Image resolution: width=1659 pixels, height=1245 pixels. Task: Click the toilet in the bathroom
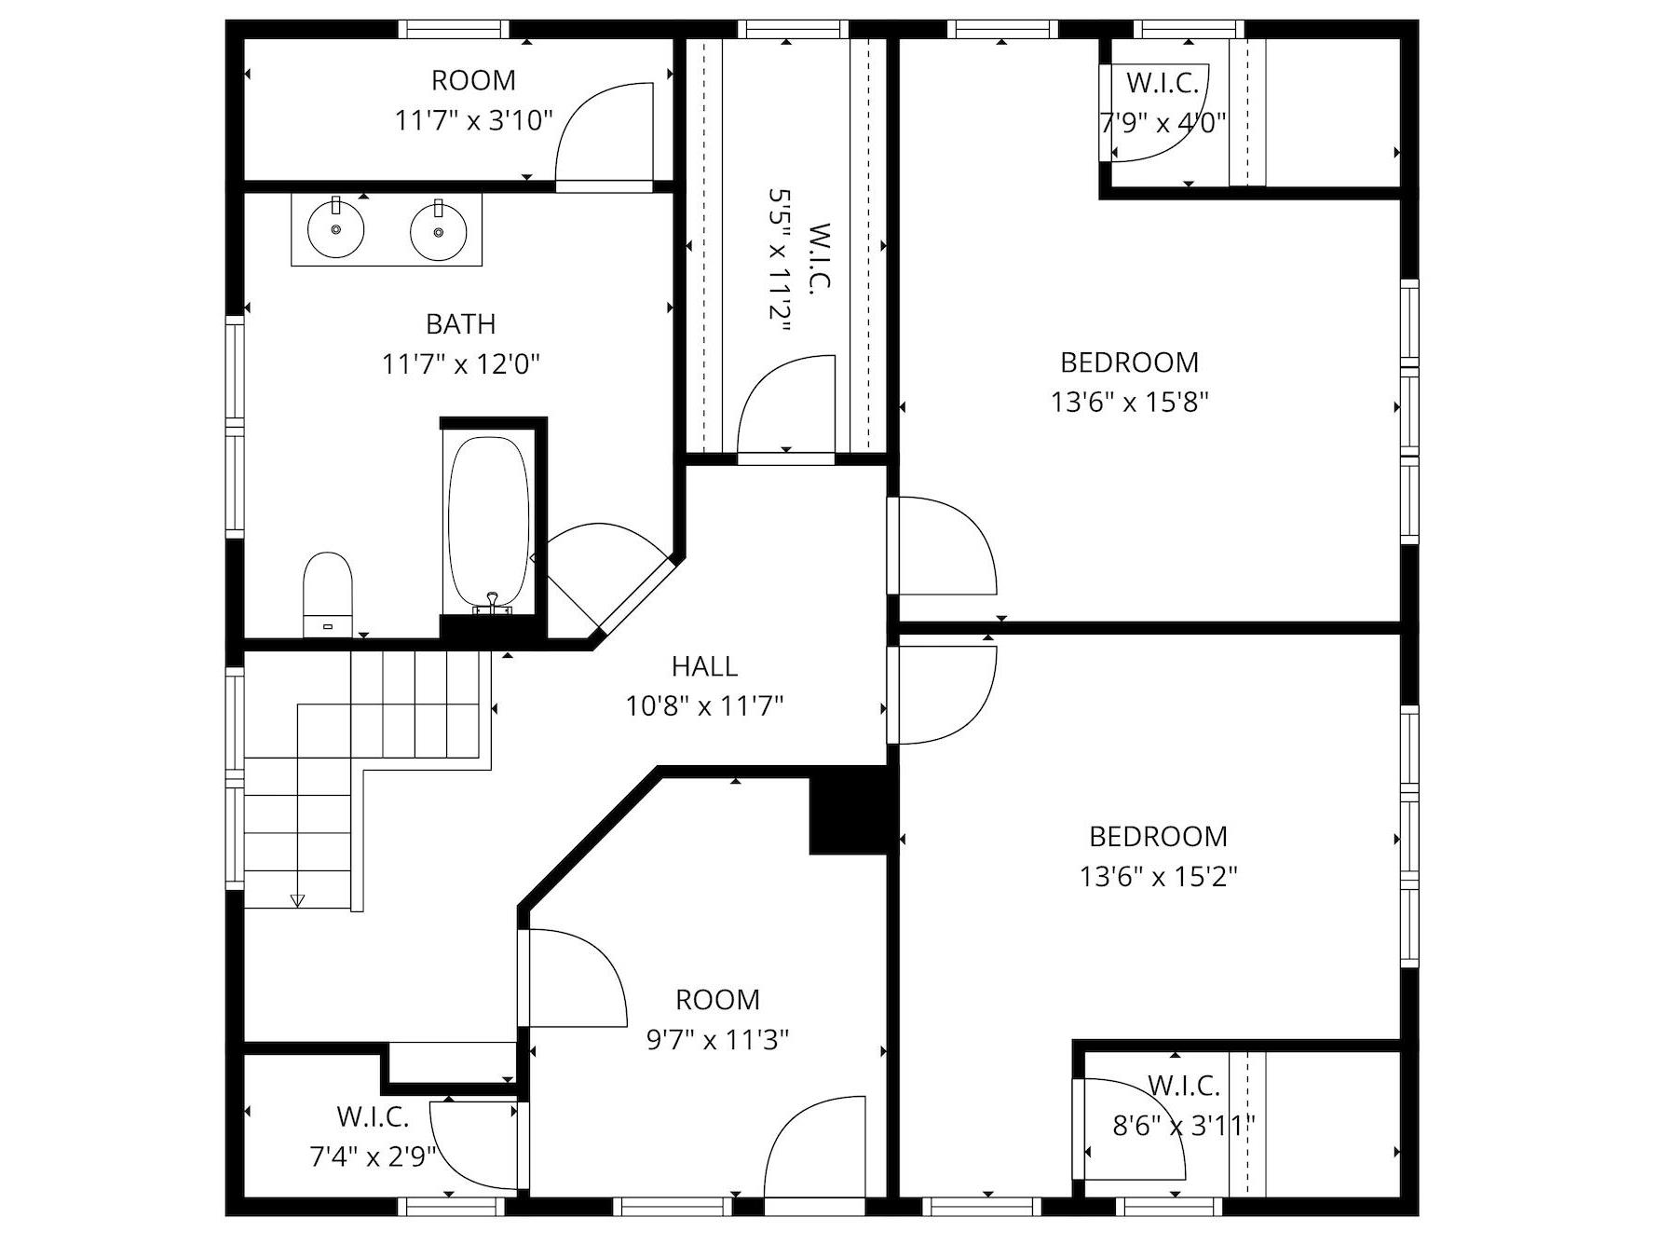pos(328,595)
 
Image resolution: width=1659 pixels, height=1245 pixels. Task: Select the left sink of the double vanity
pos(336,229)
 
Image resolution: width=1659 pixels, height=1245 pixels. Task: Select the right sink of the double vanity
pos(438,229)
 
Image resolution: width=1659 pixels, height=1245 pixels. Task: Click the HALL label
pos(704,666)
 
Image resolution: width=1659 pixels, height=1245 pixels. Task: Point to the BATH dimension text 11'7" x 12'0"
pos(461,363)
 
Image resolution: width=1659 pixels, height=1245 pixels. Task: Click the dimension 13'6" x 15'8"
pos(1130,403)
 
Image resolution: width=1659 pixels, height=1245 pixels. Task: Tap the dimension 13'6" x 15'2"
pos(1158,877)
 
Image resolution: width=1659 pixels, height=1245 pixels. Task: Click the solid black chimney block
pos(847,810)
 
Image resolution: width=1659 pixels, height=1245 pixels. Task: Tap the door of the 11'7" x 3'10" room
pos(605,136)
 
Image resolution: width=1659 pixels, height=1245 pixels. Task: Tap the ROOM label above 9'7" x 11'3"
pos(717,1000)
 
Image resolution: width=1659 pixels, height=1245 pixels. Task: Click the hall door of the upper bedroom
pos(941,546)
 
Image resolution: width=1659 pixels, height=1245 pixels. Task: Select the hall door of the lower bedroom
pos(941,695)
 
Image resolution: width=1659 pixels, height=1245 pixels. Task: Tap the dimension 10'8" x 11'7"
pos(704,706)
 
